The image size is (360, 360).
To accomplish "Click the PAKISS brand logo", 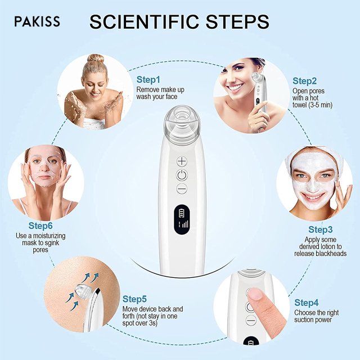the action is pyautogui.click(x=37, y=21).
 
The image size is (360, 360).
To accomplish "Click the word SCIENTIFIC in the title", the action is pyautogui.click(x=144, y=22).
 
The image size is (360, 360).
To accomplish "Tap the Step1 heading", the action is pyautogui.click(x=148, y=80).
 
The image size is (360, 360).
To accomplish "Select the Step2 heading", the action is pyautogui.click(x=304, y=81).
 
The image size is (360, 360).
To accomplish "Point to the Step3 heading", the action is pyautogui.click(x=320, y=229).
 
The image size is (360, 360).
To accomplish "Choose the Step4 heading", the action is pyautogui.click(x=306, y=303).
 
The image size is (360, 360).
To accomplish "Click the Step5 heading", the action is pyautogui.click(x=134, y=299).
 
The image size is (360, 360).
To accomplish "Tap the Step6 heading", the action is pyautogui.click(x=40, y=226).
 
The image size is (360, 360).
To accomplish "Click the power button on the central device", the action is pyautogui.click(x=182, y=175).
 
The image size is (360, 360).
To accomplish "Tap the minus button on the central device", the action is pyautogui.click(x=182, y=189).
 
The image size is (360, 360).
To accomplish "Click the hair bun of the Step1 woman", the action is pyautogui.click(x=95, y=58).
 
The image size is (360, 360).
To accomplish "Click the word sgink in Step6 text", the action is pyautogui.click(x=51, y=243).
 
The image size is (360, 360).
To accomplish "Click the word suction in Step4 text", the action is pyautogui.click(x=304, y=320).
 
